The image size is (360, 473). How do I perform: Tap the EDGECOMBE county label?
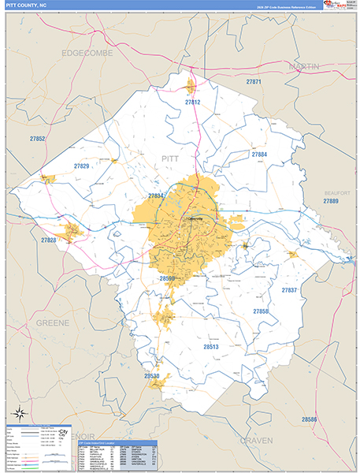[87, 53]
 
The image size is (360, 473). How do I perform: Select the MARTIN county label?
[304, 67]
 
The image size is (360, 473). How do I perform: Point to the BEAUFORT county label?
[336, 192]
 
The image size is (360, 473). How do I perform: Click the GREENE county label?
[53, 323]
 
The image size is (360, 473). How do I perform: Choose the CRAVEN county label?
[256, 440]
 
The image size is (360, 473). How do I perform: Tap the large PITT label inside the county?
[170, 158]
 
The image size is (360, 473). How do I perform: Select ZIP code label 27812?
[192, 102]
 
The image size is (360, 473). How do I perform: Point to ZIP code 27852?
[36, 139]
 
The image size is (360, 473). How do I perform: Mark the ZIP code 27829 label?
[82, 166]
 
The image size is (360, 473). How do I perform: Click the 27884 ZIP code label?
[259, 155]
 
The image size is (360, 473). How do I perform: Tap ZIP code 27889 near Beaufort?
[331, 202]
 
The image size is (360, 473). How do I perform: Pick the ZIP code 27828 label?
[49, 240]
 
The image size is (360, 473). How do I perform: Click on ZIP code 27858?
[261, 312]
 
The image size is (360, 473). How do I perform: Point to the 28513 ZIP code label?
[211, 346]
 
